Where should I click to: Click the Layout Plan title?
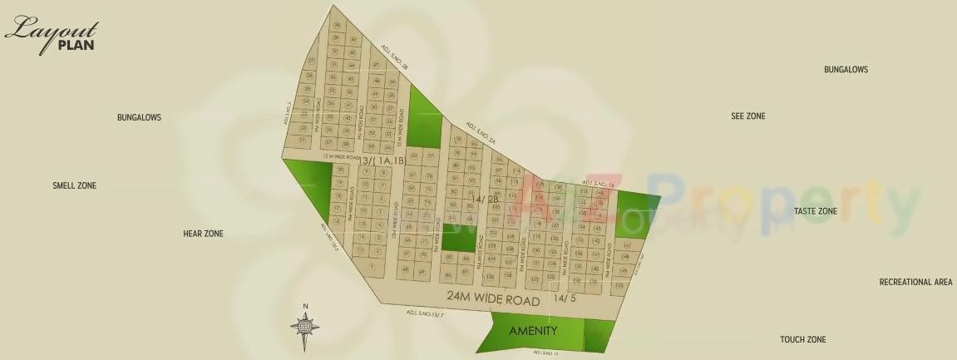[x=51, y=35]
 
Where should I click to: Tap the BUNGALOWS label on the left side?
[x=139, y=118]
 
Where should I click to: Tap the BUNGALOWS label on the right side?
[x=846, y=70]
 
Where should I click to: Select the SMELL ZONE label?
[x=74, y=185]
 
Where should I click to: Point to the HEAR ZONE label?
[x=203, y=234]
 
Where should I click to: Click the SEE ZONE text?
[x=747, y=116]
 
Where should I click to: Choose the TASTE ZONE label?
[x=815, y=212]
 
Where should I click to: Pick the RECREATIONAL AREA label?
[x=915, y=283]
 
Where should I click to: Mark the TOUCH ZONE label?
[x=802, y=340]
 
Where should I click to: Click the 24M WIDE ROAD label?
[x=493, y=297]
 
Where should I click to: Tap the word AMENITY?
[x=532, y=330]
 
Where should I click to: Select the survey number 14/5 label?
[x=565, y=298]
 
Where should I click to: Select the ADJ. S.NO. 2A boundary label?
[x=481, y=135]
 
